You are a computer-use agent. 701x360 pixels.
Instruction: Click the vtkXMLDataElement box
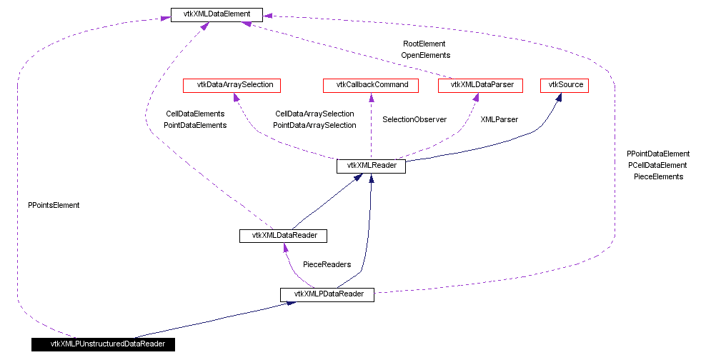click(x=217, y=14)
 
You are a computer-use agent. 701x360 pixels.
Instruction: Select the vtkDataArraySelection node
click(x=232, y=85)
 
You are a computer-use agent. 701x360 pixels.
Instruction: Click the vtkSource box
click(x=565, y=85)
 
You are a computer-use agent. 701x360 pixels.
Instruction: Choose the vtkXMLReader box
click(x=371, y=166)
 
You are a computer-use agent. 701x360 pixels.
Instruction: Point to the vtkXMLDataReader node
click(x=283, y=235)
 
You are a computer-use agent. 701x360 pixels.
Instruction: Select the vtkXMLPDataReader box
click(x=327, y=294)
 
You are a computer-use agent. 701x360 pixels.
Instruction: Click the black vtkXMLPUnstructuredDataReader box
click(x=103, y=344)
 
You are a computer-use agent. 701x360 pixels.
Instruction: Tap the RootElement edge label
click(x=424, y=44)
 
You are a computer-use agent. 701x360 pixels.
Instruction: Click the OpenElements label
click(x=425, y=55)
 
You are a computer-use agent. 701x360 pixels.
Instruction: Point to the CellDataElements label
click(x=195, y=114)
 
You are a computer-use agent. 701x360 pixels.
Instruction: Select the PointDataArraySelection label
click(x=314, y=125)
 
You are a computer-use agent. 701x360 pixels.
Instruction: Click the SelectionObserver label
click(x=414, y=119)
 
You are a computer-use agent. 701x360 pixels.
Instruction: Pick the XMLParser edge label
click(x=499, y=119)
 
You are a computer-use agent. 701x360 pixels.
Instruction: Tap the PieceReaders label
click(x=327, y=264)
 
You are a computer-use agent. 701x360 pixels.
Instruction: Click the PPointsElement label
click(x=54, y=205)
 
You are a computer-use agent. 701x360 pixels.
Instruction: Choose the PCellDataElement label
click(x=658, y=165)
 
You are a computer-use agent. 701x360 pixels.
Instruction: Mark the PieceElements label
click(x=658, y=176)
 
